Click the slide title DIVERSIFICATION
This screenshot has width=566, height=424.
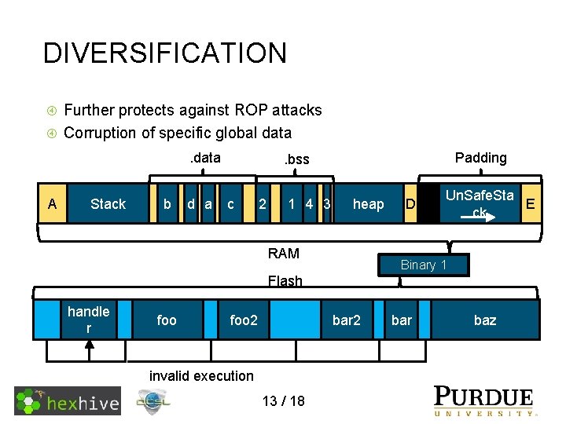click(165, 53)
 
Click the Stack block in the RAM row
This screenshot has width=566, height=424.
click(108, 204)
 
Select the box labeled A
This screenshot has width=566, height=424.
click(52, 204)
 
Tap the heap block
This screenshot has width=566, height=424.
click(368, 204)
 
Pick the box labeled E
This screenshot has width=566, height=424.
click(531, 204)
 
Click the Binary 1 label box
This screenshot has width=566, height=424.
click(423, 265)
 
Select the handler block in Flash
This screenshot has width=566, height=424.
click(88, 320)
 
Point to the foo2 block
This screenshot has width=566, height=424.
click(243, 320)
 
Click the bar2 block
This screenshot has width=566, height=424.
click(346, 320)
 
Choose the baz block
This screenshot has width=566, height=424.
click(485, 320)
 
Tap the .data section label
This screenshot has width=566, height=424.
click(205, 158)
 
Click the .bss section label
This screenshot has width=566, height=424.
click(296, 159)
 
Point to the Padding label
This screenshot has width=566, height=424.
click(480, 158)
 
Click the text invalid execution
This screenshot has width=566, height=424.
click(201, 376)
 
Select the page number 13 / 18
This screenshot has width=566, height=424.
click(284, 401)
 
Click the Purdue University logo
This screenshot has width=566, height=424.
click(485, 400)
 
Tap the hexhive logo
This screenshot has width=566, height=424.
click(68, 401)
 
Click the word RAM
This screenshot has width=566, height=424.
click(283, 253)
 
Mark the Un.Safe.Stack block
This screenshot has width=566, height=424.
click(479, 203)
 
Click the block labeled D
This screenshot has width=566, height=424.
click(409, 204)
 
